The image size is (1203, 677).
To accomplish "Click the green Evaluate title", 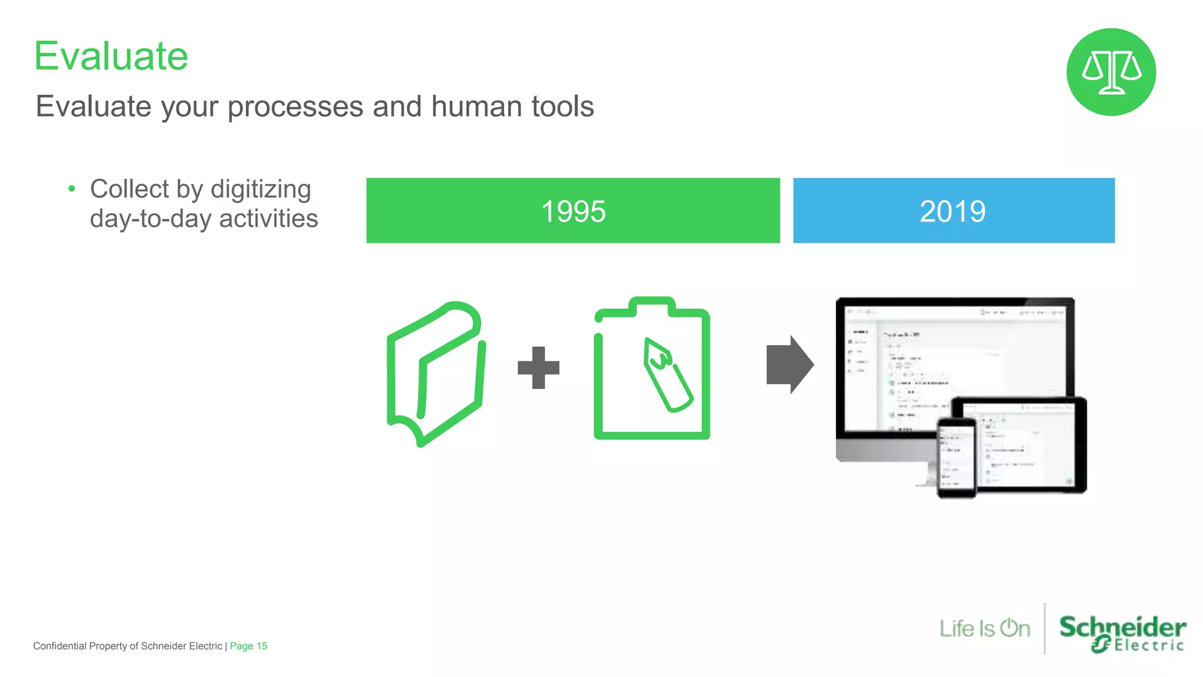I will (111, 56).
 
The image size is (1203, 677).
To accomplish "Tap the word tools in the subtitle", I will (562, 106).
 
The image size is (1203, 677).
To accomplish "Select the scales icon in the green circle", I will (1111, 72).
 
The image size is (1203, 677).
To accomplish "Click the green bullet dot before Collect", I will (72, 189).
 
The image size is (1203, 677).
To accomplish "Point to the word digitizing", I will (260, 190).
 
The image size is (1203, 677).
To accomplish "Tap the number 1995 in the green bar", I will (573, 211).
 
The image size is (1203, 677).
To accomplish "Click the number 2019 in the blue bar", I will (952, 211).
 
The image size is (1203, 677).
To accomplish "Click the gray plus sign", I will (538, 368).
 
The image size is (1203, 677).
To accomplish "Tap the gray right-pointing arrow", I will (789, 365).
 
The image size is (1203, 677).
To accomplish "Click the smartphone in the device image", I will (956, 458).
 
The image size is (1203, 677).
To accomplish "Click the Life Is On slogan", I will (984, 629).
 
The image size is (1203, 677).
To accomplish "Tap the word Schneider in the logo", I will (1122, 626).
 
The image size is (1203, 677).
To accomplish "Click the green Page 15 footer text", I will (248, 646).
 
